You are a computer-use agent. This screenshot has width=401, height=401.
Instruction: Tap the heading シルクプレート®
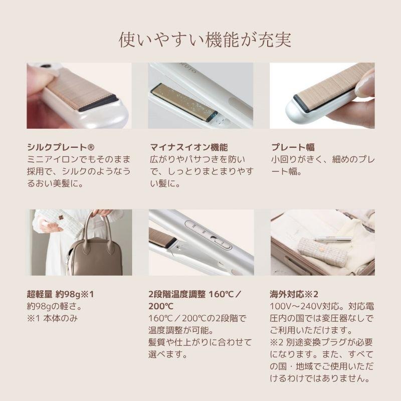(x=61, y=147)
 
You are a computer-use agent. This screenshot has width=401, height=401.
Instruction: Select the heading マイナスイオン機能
(x=189, y=147)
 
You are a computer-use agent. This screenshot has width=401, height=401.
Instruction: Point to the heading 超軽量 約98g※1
(x=60, y=294)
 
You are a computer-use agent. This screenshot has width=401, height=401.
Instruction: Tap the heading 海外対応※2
(x=295, y=294)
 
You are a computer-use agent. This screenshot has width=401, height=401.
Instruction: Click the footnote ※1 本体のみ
(x=53, y=318)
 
